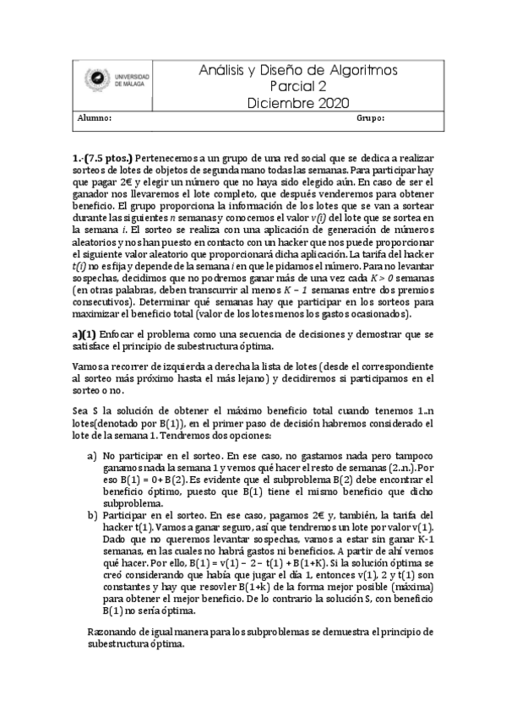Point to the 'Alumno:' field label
[x=95, y=120]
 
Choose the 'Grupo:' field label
[x=371, y=120]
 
